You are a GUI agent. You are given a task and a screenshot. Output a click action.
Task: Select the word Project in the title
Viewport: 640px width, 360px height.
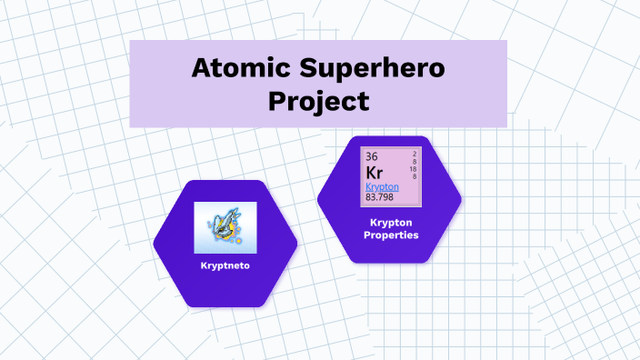point(319,100)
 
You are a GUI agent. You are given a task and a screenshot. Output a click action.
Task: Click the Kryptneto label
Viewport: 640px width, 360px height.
point(225,266)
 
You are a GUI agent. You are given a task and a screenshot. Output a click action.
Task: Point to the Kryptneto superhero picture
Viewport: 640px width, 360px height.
point(225,227)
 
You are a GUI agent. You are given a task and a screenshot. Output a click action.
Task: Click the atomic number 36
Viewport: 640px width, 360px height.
point(372,156)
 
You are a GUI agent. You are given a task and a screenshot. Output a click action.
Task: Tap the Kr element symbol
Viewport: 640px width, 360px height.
point(375,172)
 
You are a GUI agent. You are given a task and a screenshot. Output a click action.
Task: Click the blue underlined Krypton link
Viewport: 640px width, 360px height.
point(382,186)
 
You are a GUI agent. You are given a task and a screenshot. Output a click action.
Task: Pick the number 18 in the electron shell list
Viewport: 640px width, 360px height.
point(414,169)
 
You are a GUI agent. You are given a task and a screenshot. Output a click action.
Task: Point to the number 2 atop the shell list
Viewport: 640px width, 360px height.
point(415,153)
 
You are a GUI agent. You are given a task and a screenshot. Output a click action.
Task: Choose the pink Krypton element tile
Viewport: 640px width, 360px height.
point(391,175)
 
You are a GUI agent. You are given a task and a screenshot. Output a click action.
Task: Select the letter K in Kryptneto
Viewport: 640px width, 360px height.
point(204,266)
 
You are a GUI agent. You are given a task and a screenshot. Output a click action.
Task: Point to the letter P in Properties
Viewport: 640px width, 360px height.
point(367,235)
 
